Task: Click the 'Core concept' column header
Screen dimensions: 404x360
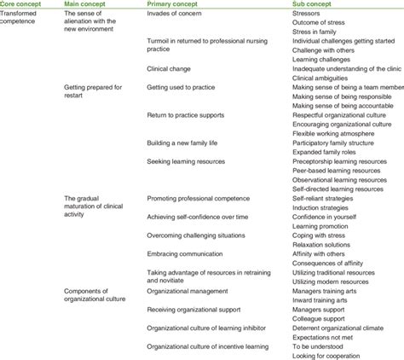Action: click(x=25, y=4)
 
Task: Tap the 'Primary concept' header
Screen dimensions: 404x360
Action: click(x=176, y=4)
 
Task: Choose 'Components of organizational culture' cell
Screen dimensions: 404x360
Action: click(x=95, y=295)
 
